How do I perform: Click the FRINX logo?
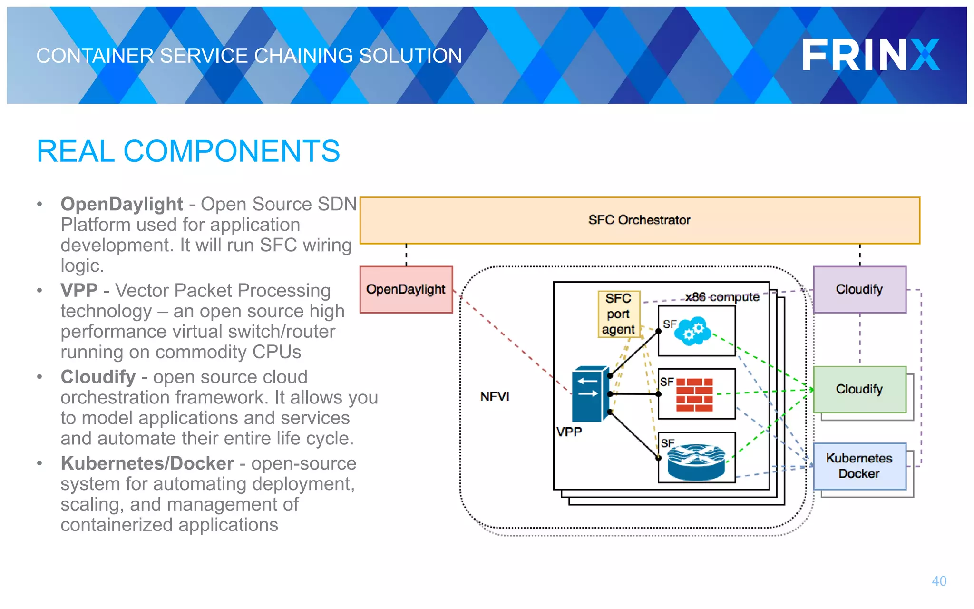[870, 55]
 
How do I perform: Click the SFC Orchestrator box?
[639, 220]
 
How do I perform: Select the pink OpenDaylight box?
[406, 289]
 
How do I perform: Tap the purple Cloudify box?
[859, 289]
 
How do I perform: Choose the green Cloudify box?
[859, 389]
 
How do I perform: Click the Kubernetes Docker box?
[859, 466]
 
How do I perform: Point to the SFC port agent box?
[618, 314]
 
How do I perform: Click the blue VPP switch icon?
[590, 394]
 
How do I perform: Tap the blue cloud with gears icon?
[693, 331]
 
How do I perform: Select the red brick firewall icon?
[694, 395]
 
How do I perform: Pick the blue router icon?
[696, 462]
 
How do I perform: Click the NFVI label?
[494, 397]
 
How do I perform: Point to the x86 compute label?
[722, 297]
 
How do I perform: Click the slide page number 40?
[939, 581]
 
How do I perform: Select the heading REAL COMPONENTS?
[188, 151]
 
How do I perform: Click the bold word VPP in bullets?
[79, 290]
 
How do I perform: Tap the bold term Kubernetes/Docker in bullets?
[147, 463]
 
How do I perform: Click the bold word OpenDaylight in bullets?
[122, 204]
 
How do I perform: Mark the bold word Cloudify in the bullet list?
[98, 377]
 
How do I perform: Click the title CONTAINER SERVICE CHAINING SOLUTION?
[249, 56]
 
